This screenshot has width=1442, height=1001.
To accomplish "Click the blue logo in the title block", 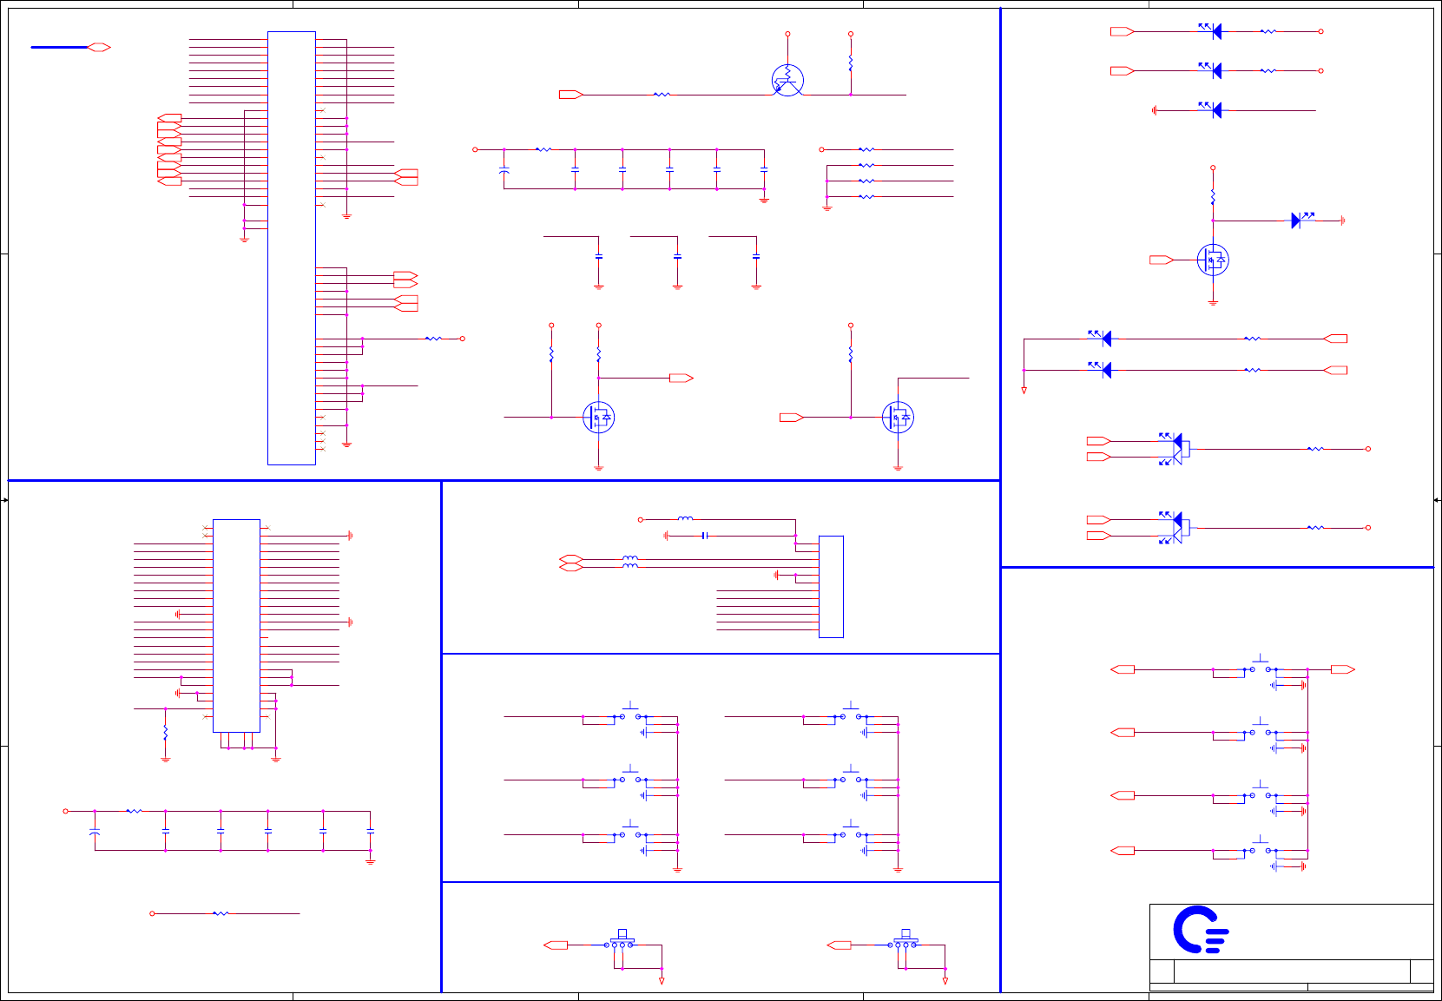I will point(1201,930).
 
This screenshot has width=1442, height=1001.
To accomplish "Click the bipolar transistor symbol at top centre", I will point(787,81).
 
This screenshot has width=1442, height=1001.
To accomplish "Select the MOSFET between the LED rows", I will point(1213,260).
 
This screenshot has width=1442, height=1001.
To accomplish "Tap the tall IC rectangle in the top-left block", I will point(292,247).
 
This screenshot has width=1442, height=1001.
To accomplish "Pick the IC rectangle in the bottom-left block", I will point(236,625).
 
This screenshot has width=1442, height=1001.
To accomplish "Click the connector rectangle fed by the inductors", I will point(831,587).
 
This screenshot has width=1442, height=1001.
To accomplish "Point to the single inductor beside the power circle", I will point(685,519).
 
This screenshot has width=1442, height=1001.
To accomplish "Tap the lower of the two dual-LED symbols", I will point(1175,527).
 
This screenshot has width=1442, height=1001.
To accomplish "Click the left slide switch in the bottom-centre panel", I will point(622,943).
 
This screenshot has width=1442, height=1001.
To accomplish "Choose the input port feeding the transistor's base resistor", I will point(570,95).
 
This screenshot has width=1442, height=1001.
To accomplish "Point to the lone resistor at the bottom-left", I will point(221,913).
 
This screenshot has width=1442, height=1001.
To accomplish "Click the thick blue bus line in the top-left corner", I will point(59,47).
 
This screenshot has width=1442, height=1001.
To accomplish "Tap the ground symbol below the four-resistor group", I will point(827,208).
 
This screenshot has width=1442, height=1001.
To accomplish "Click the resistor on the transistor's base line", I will point(662,95).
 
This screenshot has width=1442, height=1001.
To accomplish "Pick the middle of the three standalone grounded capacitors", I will point(677,257).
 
